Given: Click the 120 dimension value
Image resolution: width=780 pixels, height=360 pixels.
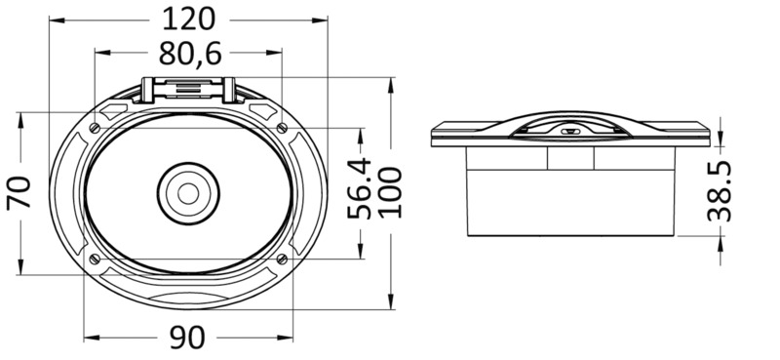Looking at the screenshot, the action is pyautogui.click(x=189, y=20).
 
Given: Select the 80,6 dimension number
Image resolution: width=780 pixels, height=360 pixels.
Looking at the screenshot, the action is pyautogui.click(x=190, y=54).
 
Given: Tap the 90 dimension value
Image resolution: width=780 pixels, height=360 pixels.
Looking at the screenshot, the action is pyautogui.click(x=187, y=338).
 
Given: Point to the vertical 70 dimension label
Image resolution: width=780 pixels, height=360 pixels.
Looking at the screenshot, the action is pyautogui.click(x=19, y=191).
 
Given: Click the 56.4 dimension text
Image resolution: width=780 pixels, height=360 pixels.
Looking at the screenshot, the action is pyautogui.click(x=359, y=188).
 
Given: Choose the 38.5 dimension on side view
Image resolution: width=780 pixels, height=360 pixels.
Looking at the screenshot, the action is pyautogui.click(x=720, y=190).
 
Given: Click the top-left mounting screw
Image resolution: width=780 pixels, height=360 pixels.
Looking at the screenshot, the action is pyautogui.click(x=95, y=128).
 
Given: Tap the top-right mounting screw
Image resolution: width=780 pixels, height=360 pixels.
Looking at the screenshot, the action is pyautogui.click(x=282, y=128).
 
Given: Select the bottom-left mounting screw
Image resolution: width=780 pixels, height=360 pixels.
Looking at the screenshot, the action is pyautogui.click(x=95, y=259).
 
